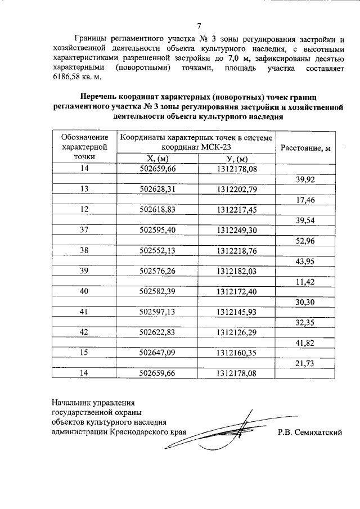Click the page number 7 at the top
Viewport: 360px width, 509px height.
(199, 26)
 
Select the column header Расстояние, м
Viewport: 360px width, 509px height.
(304, 148)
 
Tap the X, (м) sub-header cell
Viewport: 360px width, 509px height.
(157, 159)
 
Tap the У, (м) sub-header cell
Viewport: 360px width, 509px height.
(236, 159)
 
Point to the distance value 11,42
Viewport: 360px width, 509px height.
(304, 281)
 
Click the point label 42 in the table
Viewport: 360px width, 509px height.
(85, 332)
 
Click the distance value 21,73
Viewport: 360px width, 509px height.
(304, 362)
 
